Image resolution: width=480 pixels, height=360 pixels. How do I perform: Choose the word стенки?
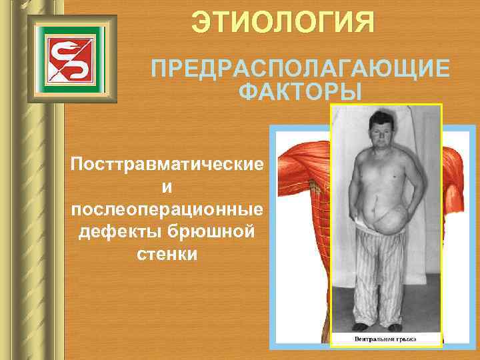pos(167,255)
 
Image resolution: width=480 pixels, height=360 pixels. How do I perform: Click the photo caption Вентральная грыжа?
pos(385,339)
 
